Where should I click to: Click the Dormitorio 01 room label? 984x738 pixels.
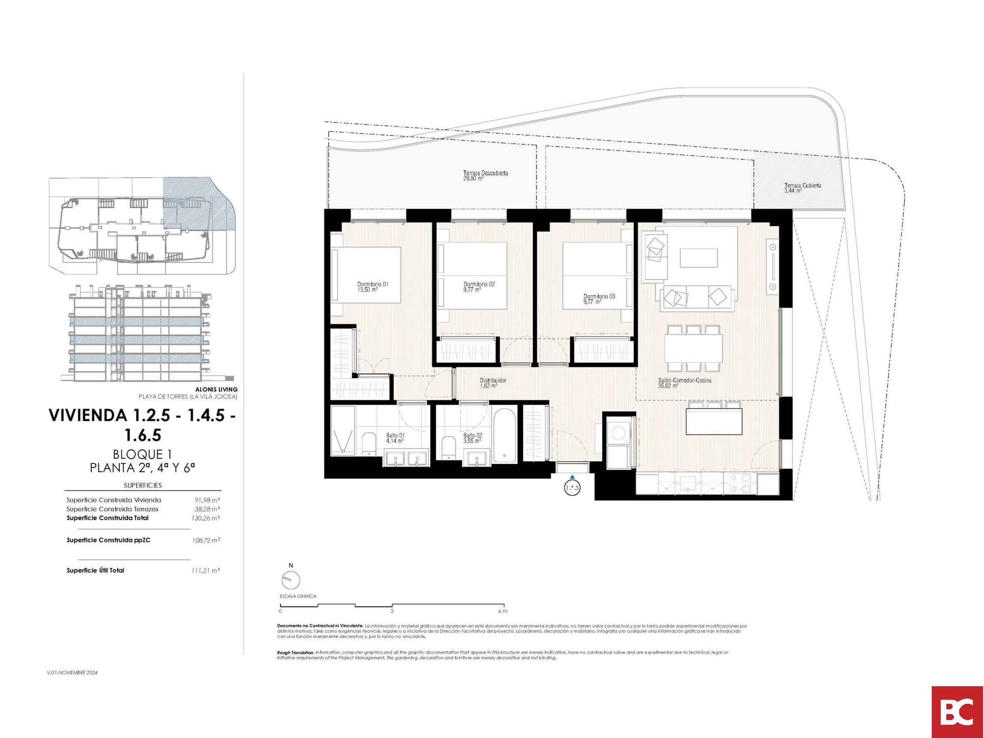[373, 286]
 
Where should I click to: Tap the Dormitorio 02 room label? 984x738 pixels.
[479, 286]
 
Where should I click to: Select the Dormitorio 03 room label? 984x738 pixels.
[599, 299]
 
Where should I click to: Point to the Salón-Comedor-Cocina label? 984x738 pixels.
[684, 383]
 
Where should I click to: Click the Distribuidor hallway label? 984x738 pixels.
[493, 383]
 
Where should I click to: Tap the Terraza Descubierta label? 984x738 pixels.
[485, 175]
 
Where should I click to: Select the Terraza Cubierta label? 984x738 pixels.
[802, 188]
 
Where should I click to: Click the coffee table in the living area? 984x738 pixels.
[698, 257]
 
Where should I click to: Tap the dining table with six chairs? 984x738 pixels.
[693, 348]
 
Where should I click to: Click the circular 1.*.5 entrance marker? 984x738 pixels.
[572, 488]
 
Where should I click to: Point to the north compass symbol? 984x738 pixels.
[291, 580]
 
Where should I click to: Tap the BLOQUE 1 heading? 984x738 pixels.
[142, 454]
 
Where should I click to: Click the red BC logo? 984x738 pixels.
[957, 711]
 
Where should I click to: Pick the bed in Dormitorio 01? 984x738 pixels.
[365, 274]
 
